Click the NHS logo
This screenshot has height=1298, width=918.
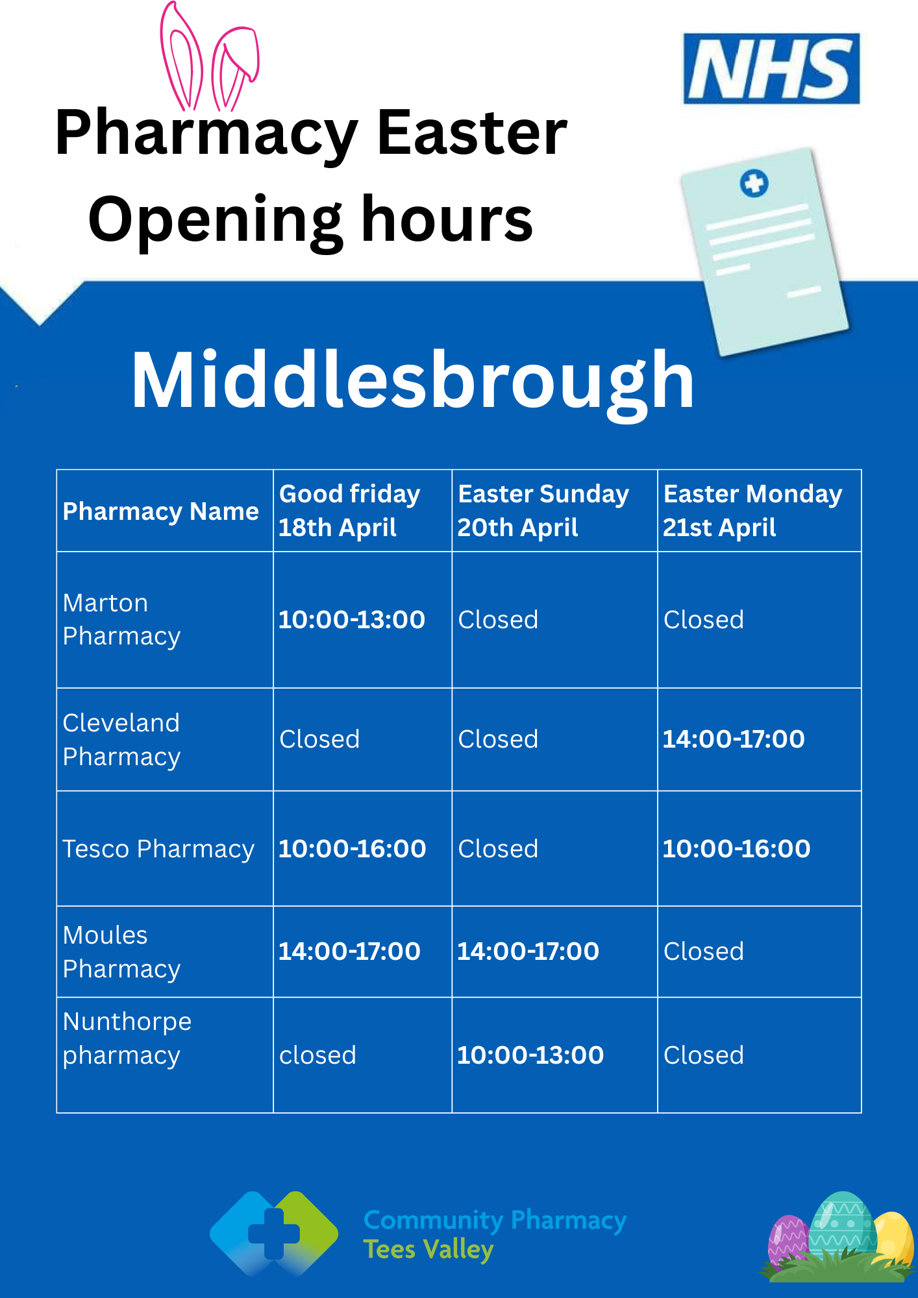[771, 69]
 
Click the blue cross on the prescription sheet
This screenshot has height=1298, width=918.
[754, 183]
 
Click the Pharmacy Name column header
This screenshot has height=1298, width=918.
[160, 511]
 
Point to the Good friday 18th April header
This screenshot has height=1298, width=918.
[349, 511]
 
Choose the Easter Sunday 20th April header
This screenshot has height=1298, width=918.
[543, 511]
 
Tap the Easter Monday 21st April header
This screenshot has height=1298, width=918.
[752, 511]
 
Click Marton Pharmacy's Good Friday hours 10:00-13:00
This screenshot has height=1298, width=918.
[352, 620]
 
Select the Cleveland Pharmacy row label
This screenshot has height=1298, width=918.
[121, 740]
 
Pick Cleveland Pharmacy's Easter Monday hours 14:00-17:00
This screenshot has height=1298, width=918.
[734, 739]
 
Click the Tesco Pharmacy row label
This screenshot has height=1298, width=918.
[158, 849]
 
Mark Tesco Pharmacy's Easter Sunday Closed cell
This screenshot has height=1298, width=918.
[498, 849]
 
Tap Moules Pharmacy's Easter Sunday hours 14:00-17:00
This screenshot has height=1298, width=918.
[528, 951]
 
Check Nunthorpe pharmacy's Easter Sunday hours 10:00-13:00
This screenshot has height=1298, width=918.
[530, 1055]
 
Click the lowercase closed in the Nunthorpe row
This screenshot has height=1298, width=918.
[317, 1055]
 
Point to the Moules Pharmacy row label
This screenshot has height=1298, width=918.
[121, 952]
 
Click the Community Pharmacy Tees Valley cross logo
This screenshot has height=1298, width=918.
[274, 1234]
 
